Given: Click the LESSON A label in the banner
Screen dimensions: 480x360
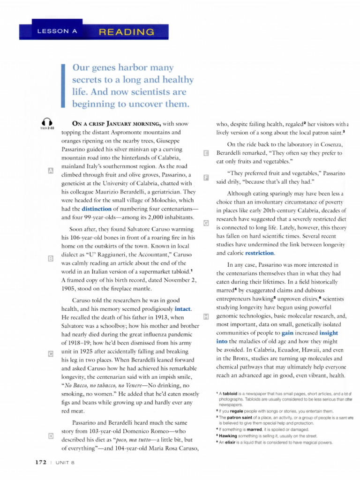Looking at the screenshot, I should coord(56,32).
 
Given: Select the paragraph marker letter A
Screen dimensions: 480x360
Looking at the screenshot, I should coord(51,170).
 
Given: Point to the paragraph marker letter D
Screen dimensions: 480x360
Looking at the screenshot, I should coord(51,436).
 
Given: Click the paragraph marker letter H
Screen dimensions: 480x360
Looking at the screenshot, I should coord(206,318).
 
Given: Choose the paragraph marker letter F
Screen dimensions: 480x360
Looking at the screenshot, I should coord(206,177).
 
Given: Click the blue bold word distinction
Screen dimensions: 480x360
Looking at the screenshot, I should coord(97,209).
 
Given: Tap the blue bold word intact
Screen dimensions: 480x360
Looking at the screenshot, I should coord(182,310).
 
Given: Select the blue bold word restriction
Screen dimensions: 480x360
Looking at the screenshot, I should coord(259,253).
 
